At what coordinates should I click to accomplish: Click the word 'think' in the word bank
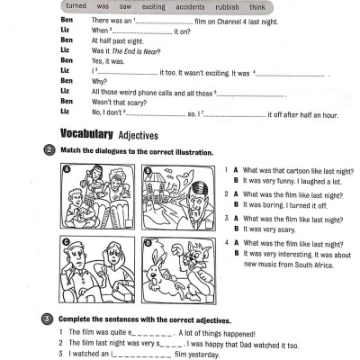pos(257,6)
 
